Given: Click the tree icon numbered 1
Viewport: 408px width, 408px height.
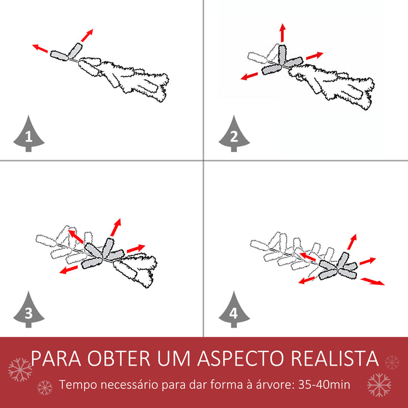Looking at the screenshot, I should pos(28,134).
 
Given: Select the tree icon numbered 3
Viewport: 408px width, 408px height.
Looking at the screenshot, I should pos(28,310).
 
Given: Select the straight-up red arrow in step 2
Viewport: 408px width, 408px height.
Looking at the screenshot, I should pos(283,33).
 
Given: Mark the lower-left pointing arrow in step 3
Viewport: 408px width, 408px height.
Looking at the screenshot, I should pos(69,269).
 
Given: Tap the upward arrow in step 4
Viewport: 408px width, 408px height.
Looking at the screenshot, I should pos(352,242).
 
